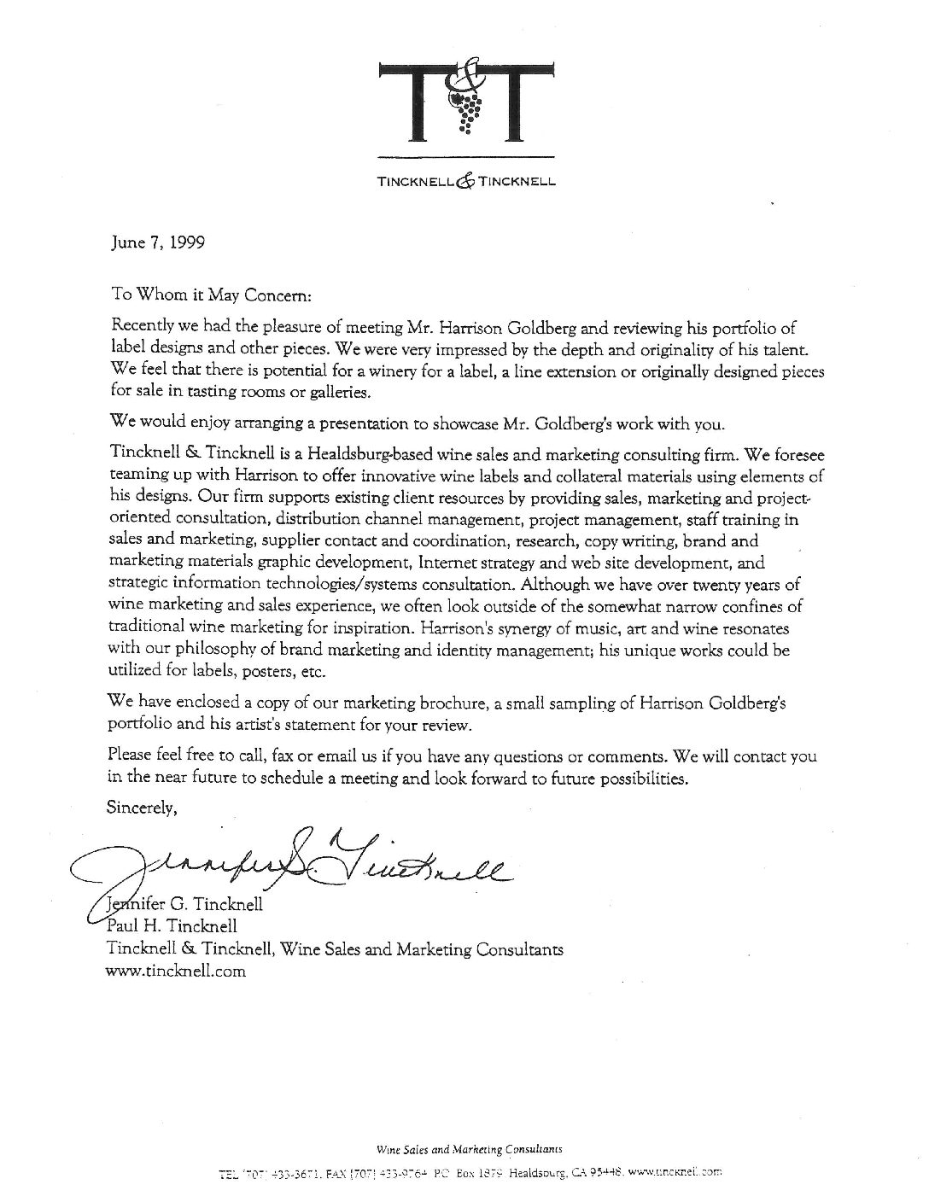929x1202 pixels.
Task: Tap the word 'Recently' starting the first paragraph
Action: [141, 328]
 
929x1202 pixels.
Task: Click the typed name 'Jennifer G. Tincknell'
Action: [184, 904]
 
